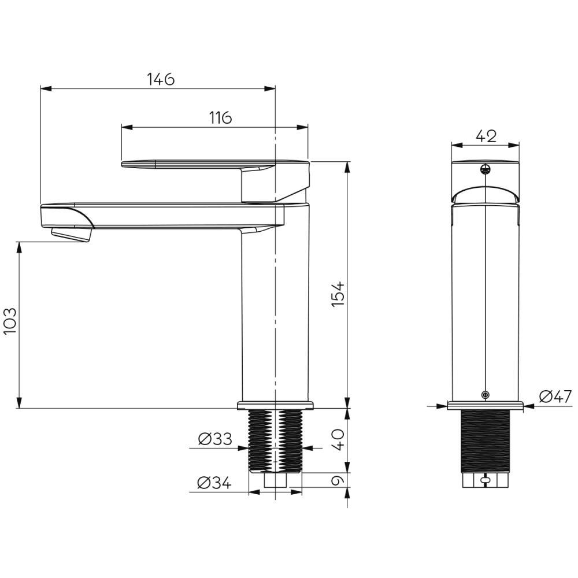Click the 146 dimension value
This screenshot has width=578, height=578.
tap(161, 79)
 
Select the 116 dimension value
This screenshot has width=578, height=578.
tap(220, 117)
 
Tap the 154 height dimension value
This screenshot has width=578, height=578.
tap(338, 294)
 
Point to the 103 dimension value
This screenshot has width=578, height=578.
tap(10, 321)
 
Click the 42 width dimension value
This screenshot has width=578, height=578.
tap(486, 136)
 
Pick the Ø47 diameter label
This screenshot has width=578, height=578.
tap(555, 397)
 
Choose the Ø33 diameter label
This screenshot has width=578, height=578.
tap(215, 439)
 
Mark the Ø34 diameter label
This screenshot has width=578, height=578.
tap(214, 483)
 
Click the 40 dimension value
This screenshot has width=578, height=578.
tap(338, 439)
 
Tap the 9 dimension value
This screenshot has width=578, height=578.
tap(338, 480)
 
